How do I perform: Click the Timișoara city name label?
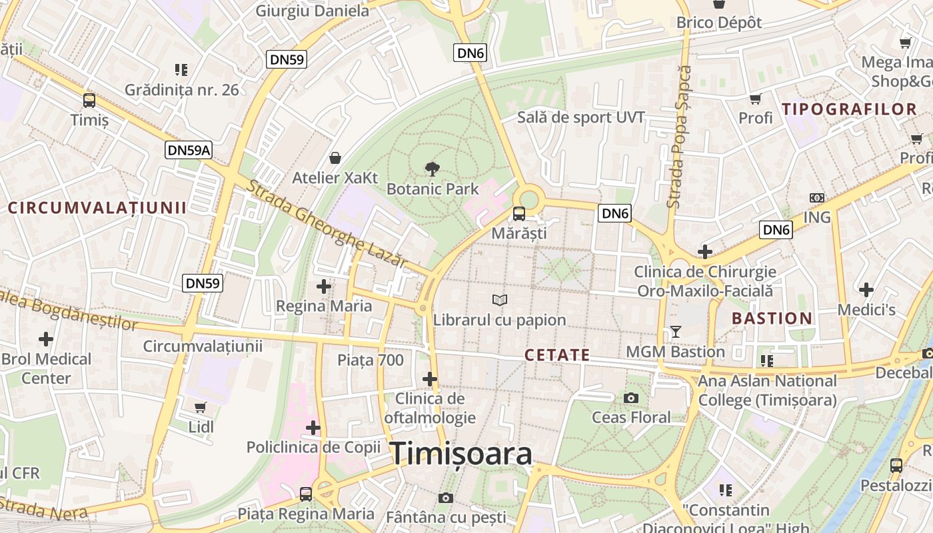click(x=461, y=454)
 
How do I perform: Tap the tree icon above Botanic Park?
click(x=432, y=169)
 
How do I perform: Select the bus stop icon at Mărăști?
click(x=518, y=214)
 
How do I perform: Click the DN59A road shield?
click(x=189, y=150)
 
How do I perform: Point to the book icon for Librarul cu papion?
click(x=499, y=300)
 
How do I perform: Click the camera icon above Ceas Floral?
click(x=631, y=398)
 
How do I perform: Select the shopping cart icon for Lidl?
click(x=201, y=407)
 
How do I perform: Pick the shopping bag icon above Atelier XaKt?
click(x=335, y=158)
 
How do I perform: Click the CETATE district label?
click(x=557, y=355)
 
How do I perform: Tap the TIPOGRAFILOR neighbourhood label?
click(x=850, y=109)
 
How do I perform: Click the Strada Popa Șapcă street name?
click(x=679, y=137)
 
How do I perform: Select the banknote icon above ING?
click(x=816, y=198)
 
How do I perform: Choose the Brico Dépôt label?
click(x=719, y=23)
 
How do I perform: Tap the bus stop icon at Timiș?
click(x=89, y=101)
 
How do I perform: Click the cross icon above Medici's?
click(x=866, y=290)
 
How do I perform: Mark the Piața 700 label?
click(x=371, y=360)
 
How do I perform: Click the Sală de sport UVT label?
click(x=581, y=118)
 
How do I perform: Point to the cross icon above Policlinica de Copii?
click(x=313, y=427)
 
